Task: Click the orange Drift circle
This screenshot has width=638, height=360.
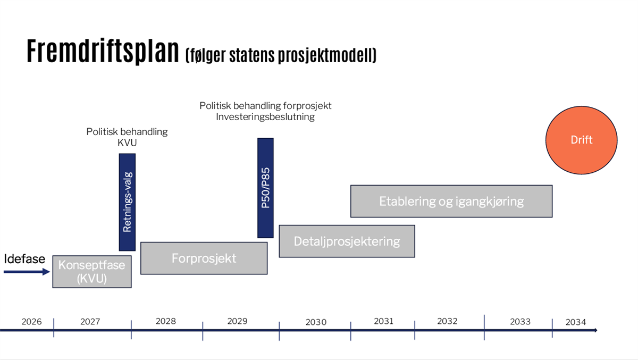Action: click(581, 140)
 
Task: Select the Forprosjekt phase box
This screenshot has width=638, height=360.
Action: click(204, 258)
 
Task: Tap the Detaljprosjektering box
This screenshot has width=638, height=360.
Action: click(347, 241)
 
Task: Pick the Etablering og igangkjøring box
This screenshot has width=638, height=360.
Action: click(451, 201)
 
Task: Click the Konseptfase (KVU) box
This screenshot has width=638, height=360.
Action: click(92, 272)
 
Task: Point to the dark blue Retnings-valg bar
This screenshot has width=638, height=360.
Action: click(127, 202)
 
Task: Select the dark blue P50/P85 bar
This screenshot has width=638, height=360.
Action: click(265, 188)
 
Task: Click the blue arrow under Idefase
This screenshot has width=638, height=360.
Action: click(27, 272)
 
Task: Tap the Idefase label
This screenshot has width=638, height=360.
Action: click(24, 259)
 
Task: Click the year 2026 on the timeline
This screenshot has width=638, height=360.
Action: click(31, 322)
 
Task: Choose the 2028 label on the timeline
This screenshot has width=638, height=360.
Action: click(166, 321)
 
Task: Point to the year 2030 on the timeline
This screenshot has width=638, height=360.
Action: click(316, 322)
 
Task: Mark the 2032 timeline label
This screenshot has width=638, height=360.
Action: click(447, 321)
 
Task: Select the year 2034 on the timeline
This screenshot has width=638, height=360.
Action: click(576, 322)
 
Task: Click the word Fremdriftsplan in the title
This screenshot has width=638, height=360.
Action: click(103, 51)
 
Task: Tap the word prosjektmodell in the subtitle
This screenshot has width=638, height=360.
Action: click(325, 55)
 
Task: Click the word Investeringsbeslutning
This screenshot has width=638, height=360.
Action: click(265, 117)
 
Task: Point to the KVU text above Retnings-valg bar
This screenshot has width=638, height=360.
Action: click(127, 143)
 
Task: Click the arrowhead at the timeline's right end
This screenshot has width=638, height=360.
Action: click(595, 330)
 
